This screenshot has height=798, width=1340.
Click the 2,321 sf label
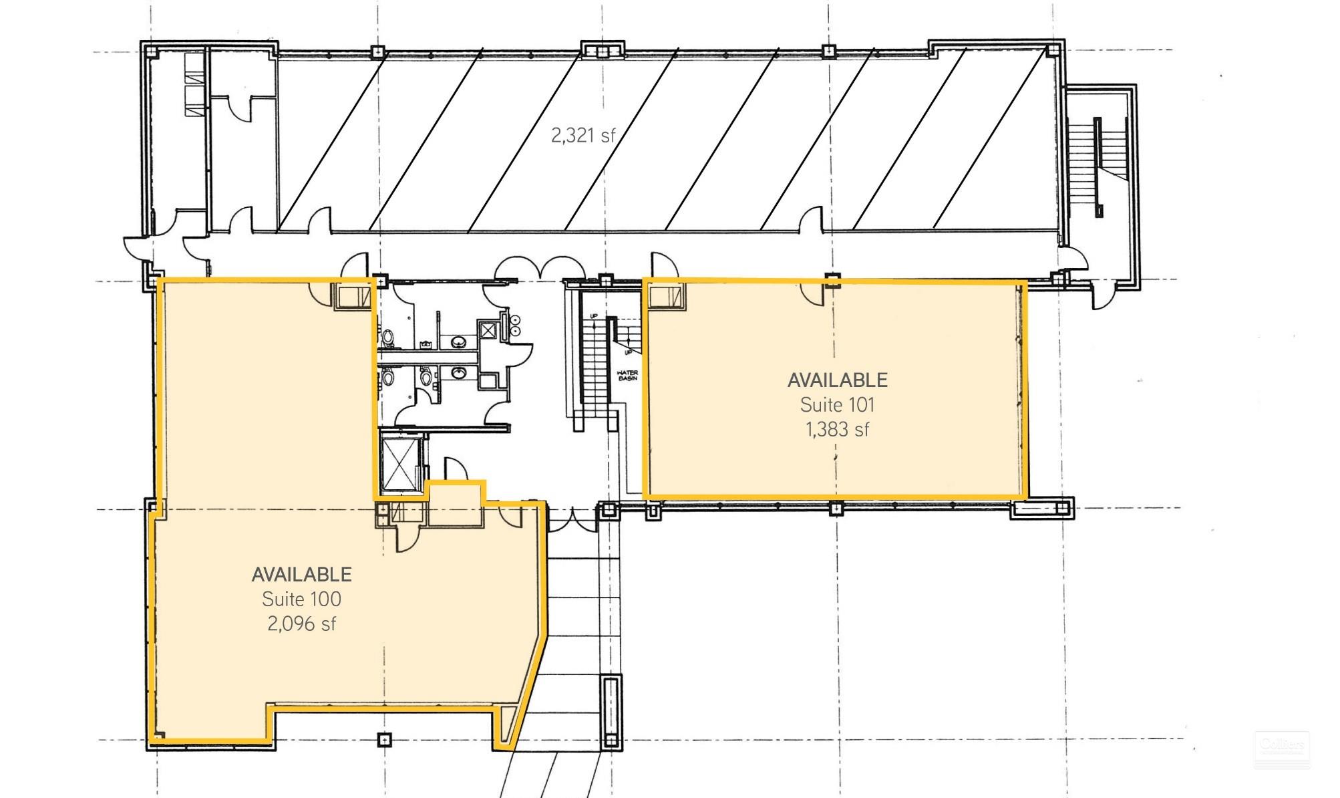[x=582, y=136]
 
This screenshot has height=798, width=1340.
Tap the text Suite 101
[x=837, y=405]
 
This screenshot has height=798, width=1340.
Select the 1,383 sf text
[x=837, y=429]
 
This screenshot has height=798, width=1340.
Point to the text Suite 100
[x=301, y=599]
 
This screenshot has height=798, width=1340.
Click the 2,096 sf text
[x=301, y=624]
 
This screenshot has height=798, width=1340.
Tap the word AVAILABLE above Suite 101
[x=837, y=380]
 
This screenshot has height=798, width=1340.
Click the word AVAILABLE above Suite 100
[x=301, y=574]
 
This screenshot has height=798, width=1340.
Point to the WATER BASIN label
[x=627, y=376]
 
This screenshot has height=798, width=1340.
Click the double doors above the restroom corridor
[x=540, y=267]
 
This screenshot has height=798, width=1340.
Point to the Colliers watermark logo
[x=1281, y=749]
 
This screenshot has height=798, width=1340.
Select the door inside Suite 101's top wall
[x=814, y=293]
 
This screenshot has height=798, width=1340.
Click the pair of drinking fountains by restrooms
[x=516, y=325]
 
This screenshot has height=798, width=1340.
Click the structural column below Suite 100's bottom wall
[x=383, y=739]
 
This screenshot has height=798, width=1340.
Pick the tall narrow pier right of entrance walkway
[x=611, y=712]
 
